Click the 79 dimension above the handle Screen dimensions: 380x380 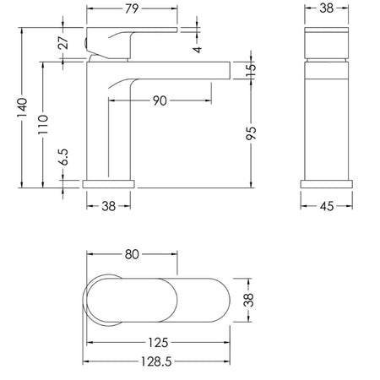tap(132, 8)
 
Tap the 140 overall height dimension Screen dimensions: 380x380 tap(22, 108)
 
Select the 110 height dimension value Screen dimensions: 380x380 tap(43, 124)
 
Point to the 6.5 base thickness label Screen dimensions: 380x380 tap(64, 157)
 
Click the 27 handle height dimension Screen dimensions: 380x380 tap(63, 42)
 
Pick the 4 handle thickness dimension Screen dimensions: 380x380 tap(198, 50)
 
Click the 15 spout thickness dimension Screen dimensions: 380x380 tap(251, 70)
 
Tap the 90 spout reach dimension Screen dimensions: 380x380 tap(160, 100)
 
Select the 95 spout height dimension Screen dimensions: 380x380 tap(251, 133)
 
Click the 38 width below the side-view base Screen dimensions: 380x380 tap(109, 206)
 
